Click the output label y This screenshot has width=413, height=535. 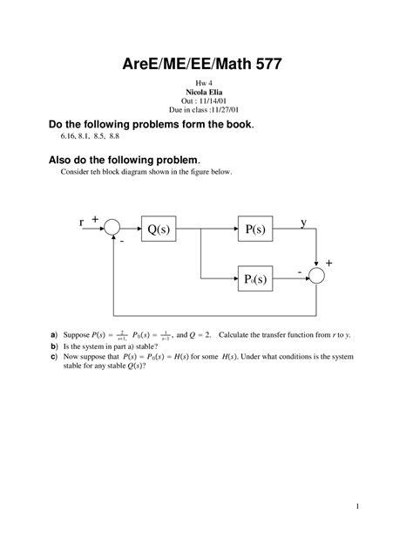pyautogui.click(x=303, y=222)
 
